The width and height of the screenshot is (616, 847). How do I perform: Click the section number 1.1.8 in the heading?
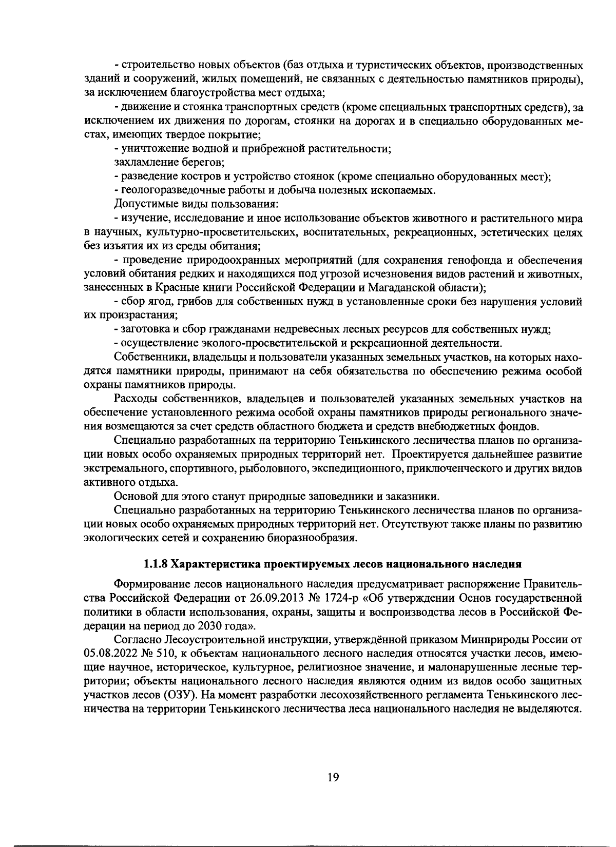[156, 564]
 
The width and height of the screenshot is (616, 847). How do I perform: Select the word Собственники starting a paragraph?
[149, 357]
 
